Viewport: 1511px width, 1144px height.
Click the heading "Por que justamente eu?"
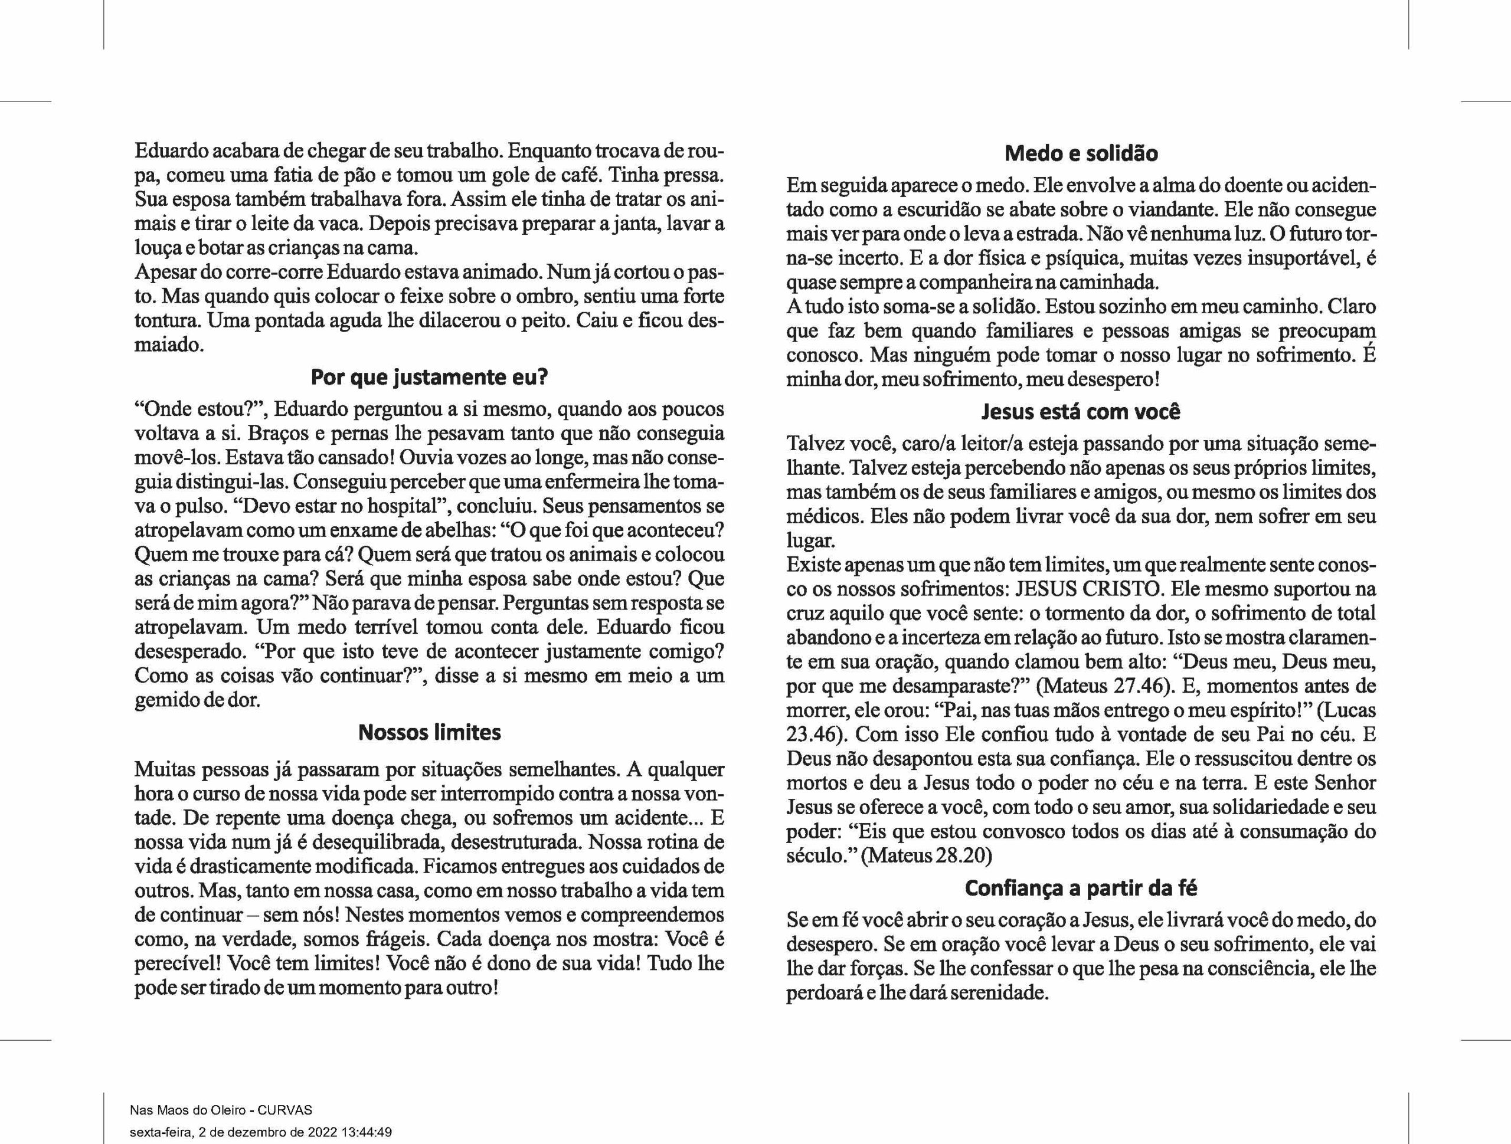point(429,377)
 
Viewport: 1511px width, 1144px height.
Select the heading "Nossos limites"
point(429,733)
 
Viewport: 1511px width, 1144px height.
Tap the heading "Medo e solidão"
point(1081,153)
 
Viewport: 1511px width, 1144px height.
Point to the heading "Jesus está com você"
point(1081,412)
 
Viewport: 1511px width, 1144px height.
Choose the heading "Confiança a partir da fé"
point(1081,888)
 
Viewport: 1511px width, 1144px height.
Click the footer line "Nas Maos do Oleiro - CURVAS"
point(221,1110)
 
